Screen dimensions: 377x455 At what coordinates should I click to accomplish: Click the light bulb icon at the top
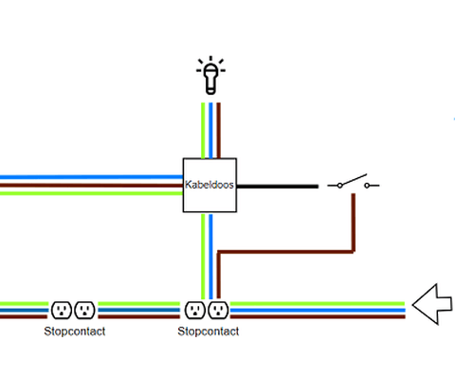[x=209, y=76]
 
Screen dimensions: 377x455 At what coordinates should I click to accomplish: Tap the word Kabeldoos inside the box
[x=209, y=186]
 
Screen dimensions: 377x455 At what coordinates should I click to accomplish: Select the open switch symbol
[x=353, y=183]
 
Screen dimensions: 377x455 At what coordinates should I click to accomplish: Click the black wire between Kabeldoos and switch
[x=277, y=187]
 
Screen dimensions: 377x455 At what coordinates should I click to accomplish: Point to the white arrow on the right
[x=432, y=305]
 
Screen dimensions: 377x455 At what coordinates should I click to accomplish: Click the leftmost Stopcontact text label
[x=74, y=332]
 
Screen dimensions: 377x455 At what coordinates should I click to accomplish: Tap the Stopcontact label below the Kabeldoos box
[x=208, y=332]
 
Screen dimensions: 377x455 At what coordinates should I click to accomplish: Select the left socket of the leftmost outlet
[x=62, y=310]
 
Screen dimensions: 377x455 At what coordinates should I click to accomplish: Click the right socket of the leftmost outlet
[x=84, y=310]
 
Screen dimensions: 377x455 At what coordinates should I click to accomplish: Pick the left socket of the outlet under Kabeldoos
[x=195, y=310]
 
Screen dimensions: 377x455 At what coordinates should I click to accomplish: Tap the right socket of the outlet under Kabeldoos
[x=218, y=310]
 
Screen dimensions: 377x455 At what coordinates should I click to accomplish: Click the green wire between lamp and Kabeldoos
[x=202, y=129]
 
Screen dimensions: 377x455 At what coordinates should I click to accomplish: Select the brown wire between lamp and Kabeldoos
[x=218, y=129]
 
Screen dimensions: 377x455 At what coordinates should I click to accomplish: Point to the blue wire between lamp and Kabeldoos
[x=209, y=129]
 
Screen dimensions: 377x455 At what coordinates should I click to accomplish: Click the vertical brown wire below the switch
[x=354, y=223]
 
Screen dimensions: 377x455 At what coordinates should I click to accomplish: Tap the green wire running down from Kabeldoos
[x=202, y=256]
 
